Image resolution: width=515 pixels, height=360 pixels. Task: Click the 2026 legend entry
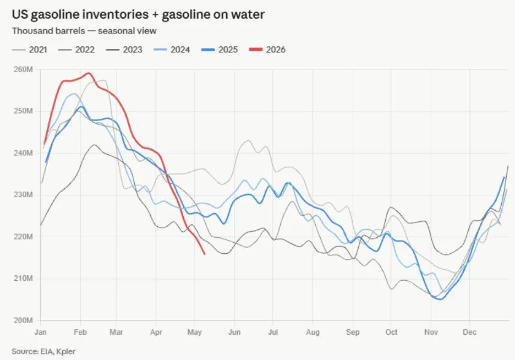coord(267,50)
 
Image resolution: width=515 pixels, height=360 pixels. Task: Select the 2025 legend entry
coord(220,50)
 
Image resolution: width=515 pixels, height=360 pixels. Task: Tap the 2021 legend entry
coord(30,50)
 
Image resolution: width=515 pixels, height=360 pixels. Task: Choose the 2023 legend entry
coord(124,50)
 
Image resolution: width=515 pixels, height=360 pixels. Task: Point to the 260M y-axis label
coord(23,69)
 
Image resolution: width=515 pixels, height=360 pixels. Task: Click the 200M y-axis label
coord(23,320)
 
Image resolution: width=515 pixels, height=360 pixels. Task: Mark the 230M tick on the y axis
coord(23,195)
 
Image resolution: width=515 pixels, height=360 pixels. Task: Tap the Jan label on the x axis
coord(40,332)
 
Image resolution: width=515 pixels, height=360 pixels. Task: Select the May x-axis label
coord(194,332)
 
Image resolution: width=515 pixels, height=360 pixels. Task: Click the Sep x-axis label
coord(353,332)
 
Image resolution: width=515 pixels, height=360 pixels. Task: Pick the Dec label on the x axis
coord(469,332)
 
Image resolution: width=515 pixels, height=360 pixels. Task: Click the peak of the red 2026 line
coord(89,73)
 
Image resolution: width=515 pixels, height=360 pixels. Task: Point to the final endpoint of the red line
coord(205,254)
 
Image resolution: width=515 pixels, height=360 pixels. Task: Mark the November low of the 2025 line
coord(440,299)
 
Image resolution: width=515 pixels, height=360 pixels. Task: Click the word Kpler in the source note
coord(65,351)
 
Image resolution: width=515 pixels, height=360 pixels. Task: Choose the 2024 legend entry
coord(172,50)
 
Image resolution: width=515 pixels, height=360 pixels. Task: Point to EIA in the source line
coord(47,351)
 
